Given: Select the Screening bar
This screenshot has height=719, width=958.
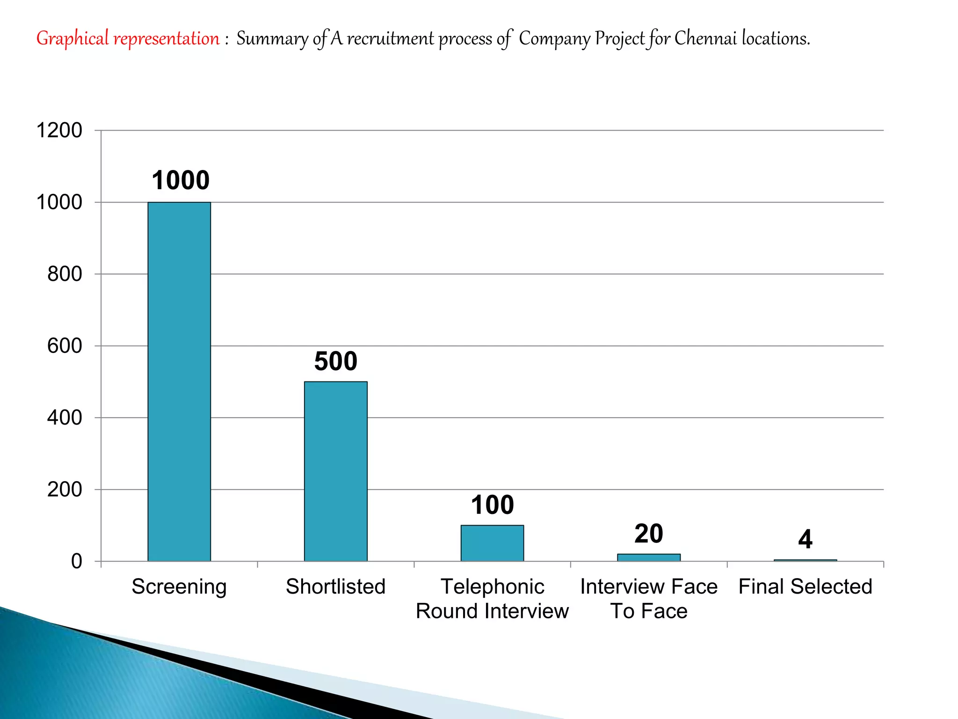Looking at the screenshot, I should (179, 382).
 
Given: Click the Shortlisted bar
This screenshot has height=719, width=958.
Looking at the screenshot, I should (335, 471).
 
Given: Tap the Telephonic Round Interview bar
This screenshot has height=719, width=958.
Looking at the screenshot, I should (492, 543).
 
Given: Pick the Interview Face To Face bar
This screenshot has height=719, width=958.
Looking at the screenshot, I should (649, 558).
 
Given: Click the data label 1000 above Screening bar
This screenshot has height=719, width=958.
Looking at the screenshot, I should (181, 180).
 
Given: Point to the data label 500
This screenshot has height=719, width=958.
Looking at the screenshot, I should (335, 361).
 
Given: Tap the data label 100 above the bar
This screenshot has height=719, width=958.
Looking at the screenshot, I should (492, 505).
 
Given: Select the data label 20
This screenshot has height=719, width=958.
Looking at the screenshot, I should (649, 534).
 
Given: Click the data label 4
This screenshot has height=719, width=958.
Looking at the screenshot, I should (805, 539).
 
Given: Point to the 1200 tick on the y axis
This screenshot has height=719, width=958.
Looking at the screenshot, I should (59, 131).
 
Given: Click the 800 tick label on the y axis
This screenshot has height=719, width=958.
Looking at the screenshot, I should (65, 274).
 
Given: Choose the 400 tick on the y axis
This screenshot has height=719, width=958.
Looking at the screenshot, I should (65, 418).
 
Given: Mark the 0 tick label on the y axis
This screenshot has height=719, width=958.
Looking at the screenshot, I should (76, 561).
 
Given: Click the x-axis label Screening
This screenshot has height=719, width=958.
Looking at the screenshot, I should (179, 587).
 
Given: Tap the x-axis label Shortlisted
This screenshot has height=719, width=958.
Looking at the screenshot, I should (335, 587).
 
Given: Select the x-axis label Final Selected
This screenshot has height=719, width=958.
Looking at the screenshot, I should (805, 587).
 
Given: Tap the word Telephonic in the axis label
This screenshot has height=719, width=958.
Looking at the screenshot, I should (492, 587).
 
